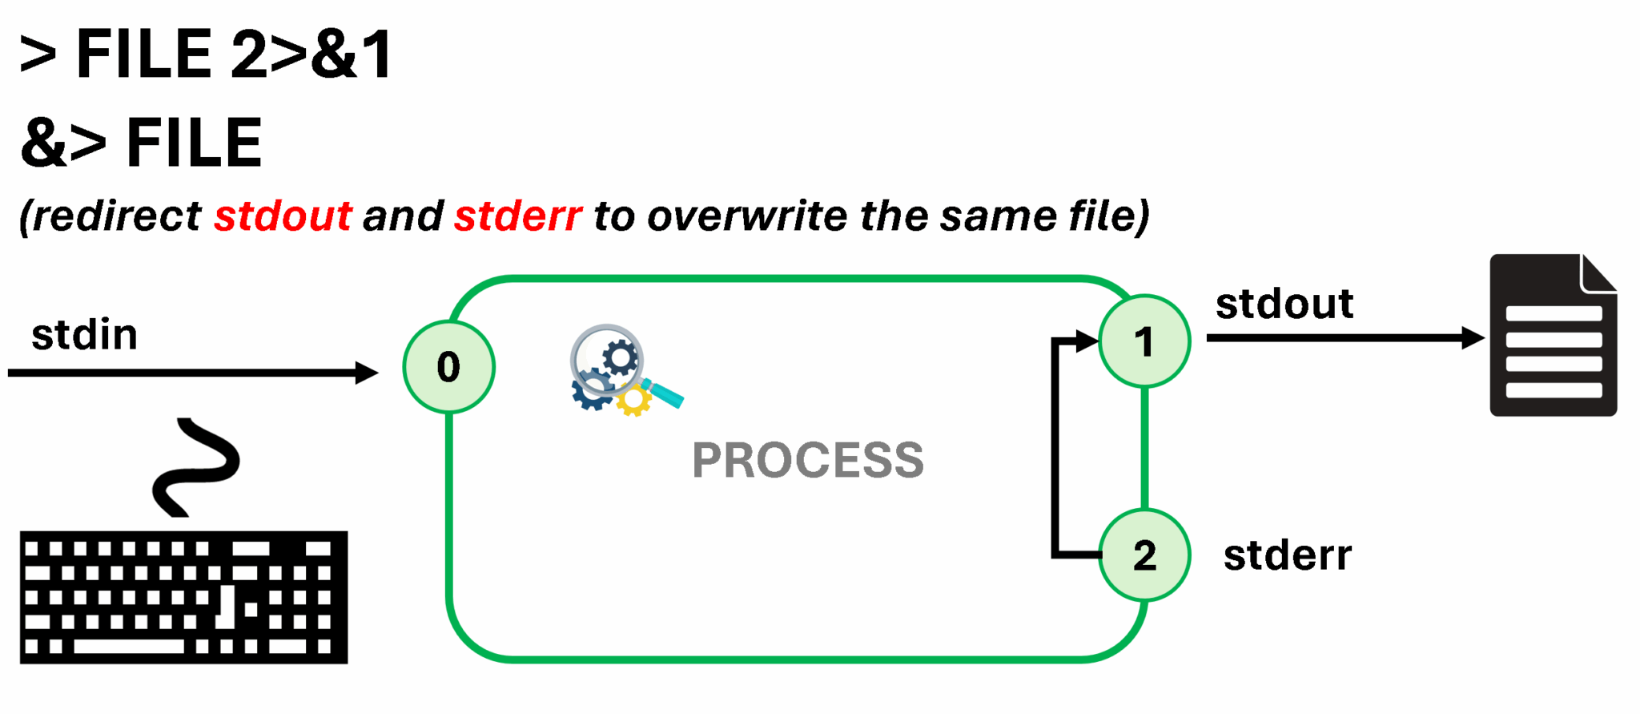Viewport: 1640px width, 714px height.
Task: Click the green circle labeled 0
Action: pos(448,367)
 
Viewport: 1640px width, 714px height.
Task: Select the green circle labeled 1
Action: pos(1144,341)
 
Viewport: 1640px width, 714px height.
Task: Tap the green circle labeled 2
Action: pos(1144,555)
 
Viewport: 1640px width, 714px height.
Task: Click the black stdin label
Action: pos(84,334)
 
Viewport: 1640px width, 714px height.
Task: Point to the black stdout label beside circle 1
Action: pos(1284,304)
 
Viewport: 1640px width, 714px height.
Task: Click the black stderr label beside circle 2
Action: pos(1287,555)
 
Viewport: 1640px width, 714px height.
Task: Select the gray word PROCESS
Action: pos(807,460)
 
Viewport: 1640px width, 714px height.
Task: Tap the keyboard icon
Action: pos(183,597)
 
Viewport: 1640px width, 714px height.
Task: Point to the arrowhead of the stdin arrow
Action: pos(368,373)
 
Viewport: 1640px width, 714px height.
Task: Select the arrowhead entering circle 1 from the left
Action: pos(1087,341)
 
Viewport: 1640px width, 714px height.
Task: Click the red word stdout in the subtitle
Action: pos(283,216)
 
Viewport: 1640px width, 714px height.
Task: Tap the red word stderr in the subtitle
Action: pos(517,216)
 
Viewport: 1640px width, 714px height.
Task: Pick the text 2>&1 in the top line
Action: pos(312,54)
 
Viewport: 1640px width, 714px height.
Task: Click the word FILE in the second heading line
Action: pos(194,143)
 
